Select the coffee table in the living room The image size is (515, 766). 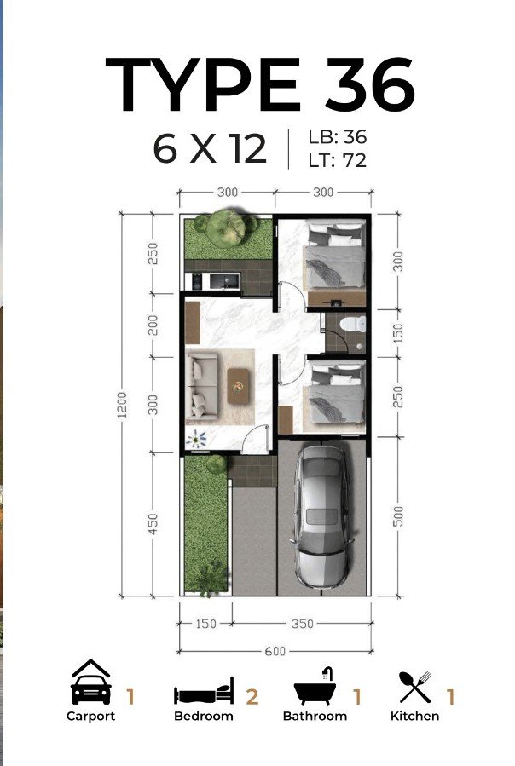(x=238, y=386)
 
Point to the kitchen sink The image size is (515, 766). (x=224, y=281)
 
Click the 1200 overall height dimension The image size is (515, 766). (x=122, y=405)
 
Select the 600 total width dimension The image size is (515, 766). (x=275, y=651)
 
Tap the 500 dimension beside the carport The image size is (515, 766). (x=398, y=516)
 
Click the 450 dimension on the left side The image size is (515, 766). (x=153, y=524)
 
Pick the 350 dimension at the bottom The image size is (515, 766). (x=302, y=624)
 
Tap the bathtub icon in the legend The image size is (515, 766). (x=315, y=687)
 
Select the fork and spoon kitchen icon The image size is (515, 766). (x=414, y=687)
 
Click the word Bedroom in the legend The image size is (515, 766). (x=204, y=717)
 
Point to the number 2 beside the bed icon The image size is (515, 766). (x=252, y=697)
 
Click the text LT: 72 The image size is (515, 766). (x=337, y=160)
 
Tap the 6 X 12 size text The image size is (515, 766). (x=210, y=149)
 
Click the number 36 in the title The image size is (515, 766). (x=370, y=84)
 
